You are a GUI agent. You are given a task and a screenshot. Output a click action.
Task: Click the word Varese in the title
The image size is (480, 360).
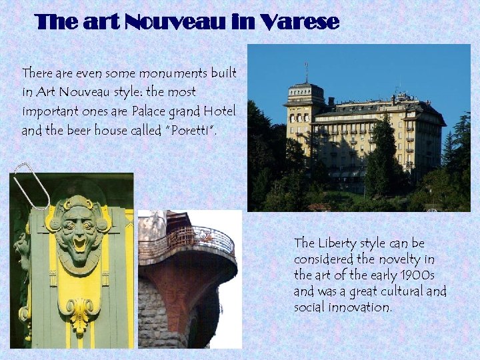[x=301, y=23]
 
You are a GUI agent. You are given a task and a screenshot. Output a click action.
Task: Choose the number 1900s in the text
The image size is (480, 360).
[x=410, y=275]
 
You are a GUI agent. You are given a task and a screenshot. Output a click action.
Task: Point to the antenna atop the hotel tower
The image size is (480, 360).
[x=306, y=71]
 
